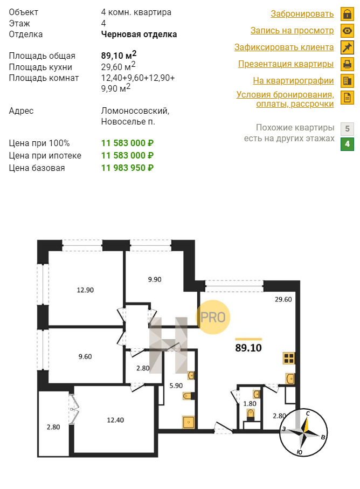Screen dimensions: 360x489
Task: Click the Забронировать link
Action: click(x=302, y=13)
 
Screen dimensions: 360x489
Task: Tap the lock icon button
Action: click(x=347, y=13)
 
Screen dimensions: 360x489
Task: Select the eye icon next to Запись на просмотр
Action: click(x=347, y=31)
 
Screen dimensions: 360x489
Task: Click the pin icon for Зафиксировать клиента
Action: click(x=347, y=47)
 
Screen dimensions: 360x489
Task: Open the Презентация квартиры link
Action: click(x=286, y=64)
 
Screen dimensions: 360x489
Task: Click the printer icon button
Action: click(x=347, y=64)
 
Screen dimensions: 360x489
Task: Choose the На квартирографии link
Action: click(x=293, y=80)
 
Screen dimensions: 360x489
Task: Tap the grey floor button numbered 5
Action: click(x=347, y=128)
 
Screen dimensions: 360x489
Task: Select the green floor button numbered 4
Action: click(x=347, y=144)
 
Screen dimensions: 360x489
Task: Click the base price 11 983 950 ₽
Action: click(x=127, y=168)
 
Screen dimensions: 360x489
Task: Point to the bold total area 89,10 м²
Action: click(x=119, y=55)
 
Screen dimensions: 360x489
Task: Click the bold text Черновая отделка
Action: click(x=139, y=35)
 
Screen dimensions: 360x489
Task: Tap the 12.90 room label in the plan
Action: click(x=85, y=290)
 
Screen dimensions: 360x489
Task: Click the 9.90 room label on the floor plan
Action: click(x=155, y=279)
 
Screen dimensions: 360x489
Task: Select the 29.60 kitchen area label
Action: click(x=283, y=299)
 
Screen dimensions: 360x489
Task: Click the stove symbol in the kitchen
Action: click(x=289, y=359)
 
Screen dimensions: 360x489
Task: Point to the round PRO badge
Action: click(x=213, y=317)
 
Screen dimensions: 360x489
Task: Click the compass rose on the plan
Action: click(x=303, y=432)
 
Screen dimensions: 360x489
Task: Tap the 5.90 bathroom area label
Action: click(x=176, y=386)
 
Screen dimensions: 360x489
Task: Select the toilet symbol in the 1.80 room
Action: click(x=251, y=414)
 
